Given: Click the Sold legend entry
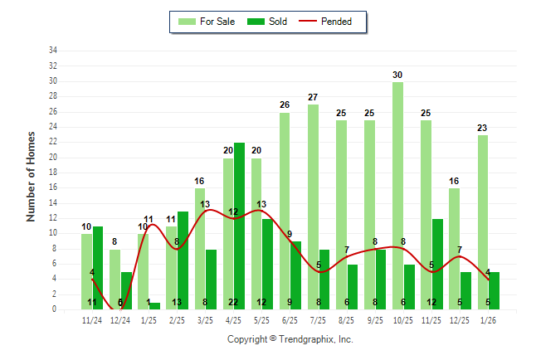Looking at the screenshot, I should pyautogui.click(x=269, y=22).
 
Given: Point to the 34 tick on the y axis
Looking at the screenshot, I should pyautogui.click(x=53, y=51).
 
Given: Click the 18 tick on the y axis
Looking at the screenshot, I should pyautogui.click(x=53, y=173).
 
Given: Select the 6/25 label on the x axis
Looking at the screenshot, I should pyautogui.click(x=290, y=319).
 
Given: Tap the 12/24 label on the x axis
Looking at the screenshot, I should pyautogui.click(x=121, y=319).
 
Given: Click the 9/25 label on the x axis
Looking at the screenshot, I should pyautogui.click(x=375, y=319).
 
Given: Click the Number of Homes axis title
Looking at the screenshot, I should pyautogui.click(x=32, y=176).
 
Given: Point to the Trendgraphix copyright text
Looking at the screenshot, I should pyautogui.click(x=290, y=339).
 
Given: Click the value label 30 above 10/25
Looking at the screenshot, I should pyautogui.click(x=397, y=75).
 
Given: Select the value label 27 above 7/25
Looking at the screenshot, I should pyautogui.click(x=313, y=98).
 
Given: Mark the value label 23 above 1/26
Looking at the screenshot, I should pyautogui.click(x=482, y=129).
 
